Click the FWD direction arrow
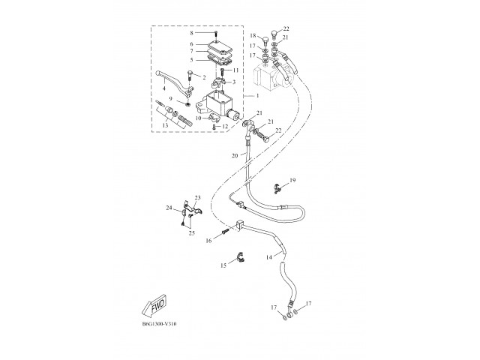tap(154, 305)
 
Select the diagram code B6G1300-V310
tap(159, 324)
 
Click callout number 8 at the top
tap(192, 33)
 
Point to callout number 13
tap(165, 125)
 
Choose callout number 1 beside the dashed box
tap(257, 96)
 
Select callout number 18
tap(253, 36)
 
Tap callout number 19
tap(292, 180)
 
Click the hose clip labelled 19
tap(277, 188)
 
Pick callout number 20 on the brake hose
tap(235, 156)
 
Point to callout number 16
tap(208, 241)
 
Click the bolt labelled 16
tap(225, 231)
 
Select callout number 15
tap(223, 265)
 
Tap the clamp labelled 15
tap(241, 257)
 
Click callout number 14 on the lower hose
tap(268, 257)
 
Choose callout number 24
tap(169, 208)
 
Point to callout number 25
tap(192, 233)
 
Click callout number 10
tap(198, 118)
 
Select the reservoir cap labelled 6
tap(218, 46)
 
